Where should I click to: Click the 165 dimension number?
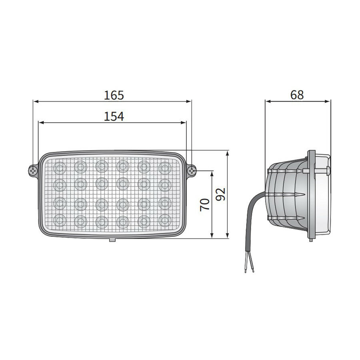(x=114, y=95)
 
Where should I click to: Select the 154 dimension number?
(x=114, y=116)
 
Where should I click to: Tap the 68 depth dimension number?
(x=297, y=95)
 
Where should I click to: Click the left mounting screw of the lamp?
(x=33, y=171)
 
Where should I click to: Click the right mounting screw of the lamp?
(x=193, y=171)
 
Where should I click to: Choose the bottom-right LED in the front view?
(x=164, y=220)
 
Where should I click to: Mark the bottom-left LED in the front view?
(x=59, y=220)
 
